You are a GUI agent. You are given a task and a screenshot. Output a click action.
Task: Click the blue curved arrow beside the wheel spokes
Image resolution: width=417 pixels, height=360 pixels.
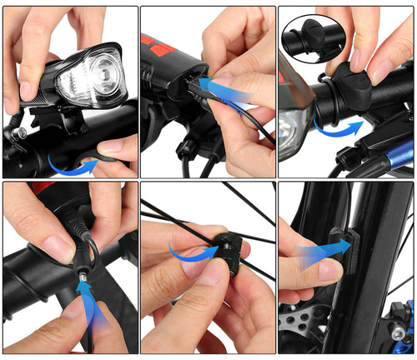(182, 249)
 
